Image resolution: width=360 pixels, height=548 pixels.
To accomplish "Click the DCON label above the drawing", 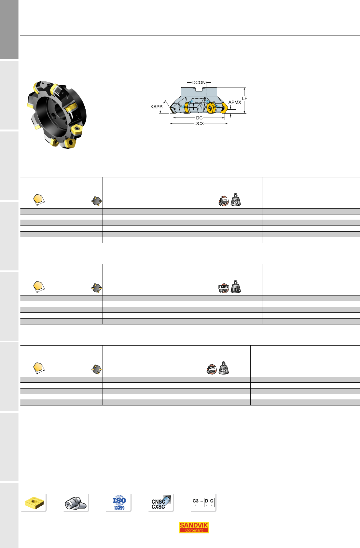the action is click(x=199, y=82).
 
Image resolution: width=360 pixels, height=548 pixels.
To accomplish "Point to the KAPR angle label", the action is click(x=156, y=107).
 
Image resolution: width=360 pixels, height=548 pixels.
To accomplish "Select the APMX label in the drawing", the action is click(x=235, y=102).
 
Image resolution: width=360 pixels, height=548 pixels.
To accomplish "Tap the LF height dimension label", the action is click(x=244, y=98).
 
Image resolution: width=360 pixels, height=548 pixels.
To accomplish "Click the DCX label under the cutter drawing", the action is click(x=199, y=124).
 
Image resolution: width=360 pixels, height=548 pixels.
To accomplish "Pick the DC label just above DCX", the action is click(x=199, y=118).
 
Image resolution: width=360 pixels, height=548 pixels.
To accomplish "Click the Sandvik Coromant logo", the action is click(x=194, y=527).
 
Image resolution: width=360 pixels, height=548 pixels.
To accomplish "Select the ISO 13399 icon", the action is click(x=119, y=502).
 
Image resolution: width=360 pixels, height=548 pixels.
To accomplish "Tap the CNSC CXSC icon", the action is click(x=161, y=502).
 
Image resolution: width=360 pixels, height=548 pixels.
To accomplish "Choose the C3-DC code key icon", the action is click(x=203, y=502).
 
